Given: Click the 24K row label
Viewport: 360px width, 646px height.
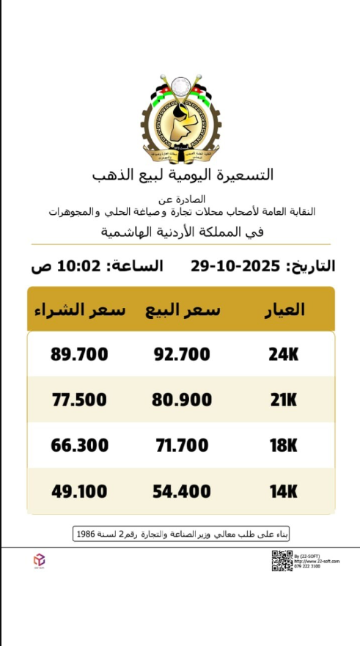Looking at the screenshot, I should click(x=284, y=354).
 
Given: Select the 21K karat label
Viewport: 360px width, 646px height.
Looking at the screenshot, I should click(x=284, y=400).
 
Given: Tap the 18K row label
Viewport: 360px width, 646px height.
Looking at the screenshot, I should click(x=284, y=445).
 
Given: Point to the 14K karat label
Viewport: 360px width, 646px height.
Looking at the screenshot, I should click(x=284, y=491).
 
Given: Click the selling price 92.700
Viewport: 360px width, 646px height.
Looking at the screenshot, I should click(x=182, y=354).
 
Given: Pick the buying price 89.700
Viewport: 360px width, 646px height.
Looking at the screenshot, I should click(x=79, y=354).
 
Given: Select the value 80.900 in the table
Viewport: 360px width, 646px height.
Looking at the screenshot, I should click(x=182, y=400).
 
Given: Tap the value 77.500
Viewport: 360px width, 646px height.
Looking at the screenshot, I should click(x=79, y=400).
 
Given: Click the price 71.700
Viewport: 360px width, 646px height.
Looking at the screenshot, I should click(x=182, y=445).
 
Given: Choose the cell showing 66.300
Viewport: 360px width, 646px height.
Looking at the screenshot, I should click(x=79, y=445).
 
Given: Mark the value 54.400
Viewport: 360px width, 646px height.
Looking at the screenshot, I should click(x=182, y=491).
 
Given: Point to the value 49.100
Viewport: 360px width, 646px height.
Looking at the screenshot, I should click(x=79, y=491).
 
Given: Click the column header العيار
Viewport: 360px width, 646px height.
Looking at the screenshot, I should click(x=284, y=309).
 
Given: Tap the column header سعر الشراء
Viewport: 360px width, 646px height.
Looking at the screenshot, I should click(x=79, y=309).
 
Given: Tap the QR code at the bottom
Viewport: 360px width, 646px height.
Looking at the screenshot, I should click(x=282, y=560).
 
